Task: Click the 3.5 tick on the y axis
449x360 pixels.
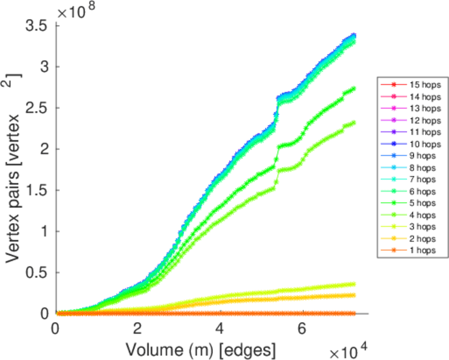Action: click(37, 26)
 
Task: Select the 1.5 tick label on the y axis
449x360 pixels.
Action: click(37, 190)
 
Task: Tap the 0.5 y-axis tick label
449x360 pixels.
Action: click(37, 272)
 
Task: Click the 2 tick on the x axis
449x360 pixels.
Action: click(138, 329)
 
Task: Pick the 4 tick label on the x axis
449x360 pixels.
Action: click(220, 329)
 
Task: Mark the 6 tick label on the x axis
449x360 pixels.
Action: click(303, 329)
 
